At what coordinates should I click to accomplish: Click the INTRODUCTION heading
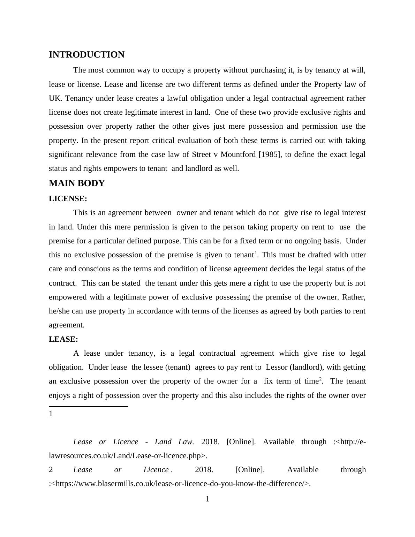86,55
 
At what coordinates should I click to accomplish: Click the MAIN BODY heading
77,183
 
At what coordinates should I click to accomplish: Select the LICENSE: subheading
68,199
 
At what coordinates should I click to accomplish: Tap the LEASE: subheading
63,339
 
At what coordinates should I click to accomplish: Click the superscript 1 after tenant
256,253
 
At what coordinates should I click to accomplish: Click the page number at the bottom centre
207,499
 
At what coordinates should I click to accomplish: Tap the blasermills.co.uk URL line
180,484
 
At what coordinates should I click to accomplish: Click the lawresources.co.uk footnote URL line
128,456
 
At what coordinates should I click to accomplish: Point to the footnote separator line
89,406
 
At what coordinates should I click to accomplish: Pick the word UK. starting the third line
56,98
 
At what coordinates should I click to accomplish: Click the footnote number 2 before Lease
51,470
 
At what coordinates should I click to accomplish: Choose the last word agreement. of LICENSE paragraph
67,325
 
